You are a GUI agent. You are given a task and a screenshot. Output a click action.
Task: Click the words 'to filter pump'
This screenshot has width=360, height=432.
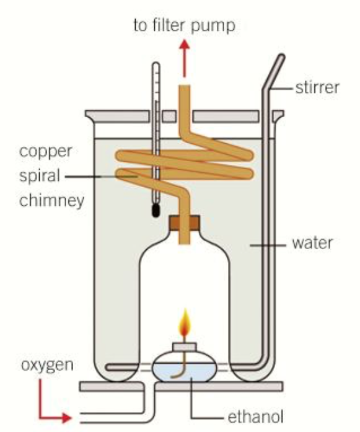pyautogui.click(x=184, y=26)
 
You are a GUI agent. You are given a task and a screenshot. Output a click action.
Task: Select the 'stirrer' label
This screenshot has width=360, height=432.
pyautogui.click(x=318, y=87)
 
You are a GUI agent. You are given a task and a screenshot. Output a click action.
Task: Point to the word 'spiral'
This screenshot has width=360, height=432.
pyautogui.click(x=39, y=175)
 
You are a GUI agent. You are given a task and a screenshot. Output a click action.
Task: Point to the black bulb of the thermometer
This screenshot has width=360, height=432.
pyautogui.click(x=155, y=211)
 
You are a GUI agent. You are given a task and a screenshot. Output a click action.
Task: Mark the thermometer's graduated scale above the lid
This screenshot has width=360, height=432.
pyautogui.click(x=155, y=87)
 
